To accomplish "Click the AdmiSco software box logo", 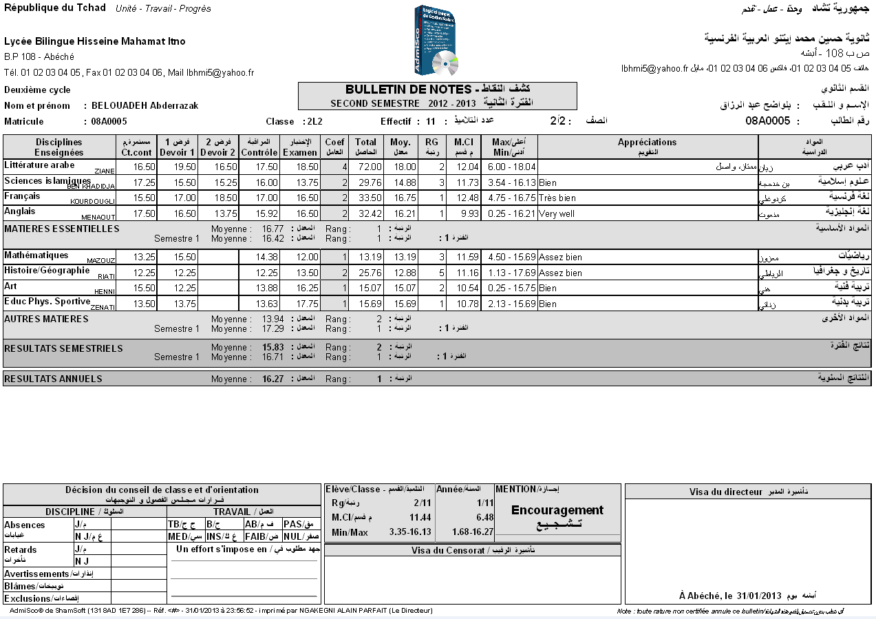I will (x=436, y=41).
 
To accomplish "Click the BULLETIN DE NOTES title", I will (x=407, y=90).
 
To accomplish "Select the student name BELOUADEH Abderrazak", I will (x=145, y=106).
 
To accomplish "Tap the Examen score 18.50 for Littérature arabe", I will (x=303, y=167).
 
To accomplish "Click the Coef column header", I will (x=335, y=147).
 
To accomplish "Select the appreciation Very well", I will (x=557, y=214).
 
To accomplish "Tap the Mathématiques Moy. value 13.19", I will (x=404, y=258).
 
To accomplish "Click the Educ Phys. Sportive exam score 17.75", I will (x=303, y=304).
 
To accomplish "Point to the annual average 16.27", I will (x=273, y=379).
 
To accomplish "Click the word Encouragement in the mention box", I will (x=557, y=510).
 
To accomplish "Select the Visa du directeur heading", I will (x=726, y=492).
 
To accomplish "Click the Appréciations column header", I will (x=647, y=143).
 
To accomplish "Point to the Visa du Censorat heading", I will (x=451, y=551).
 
